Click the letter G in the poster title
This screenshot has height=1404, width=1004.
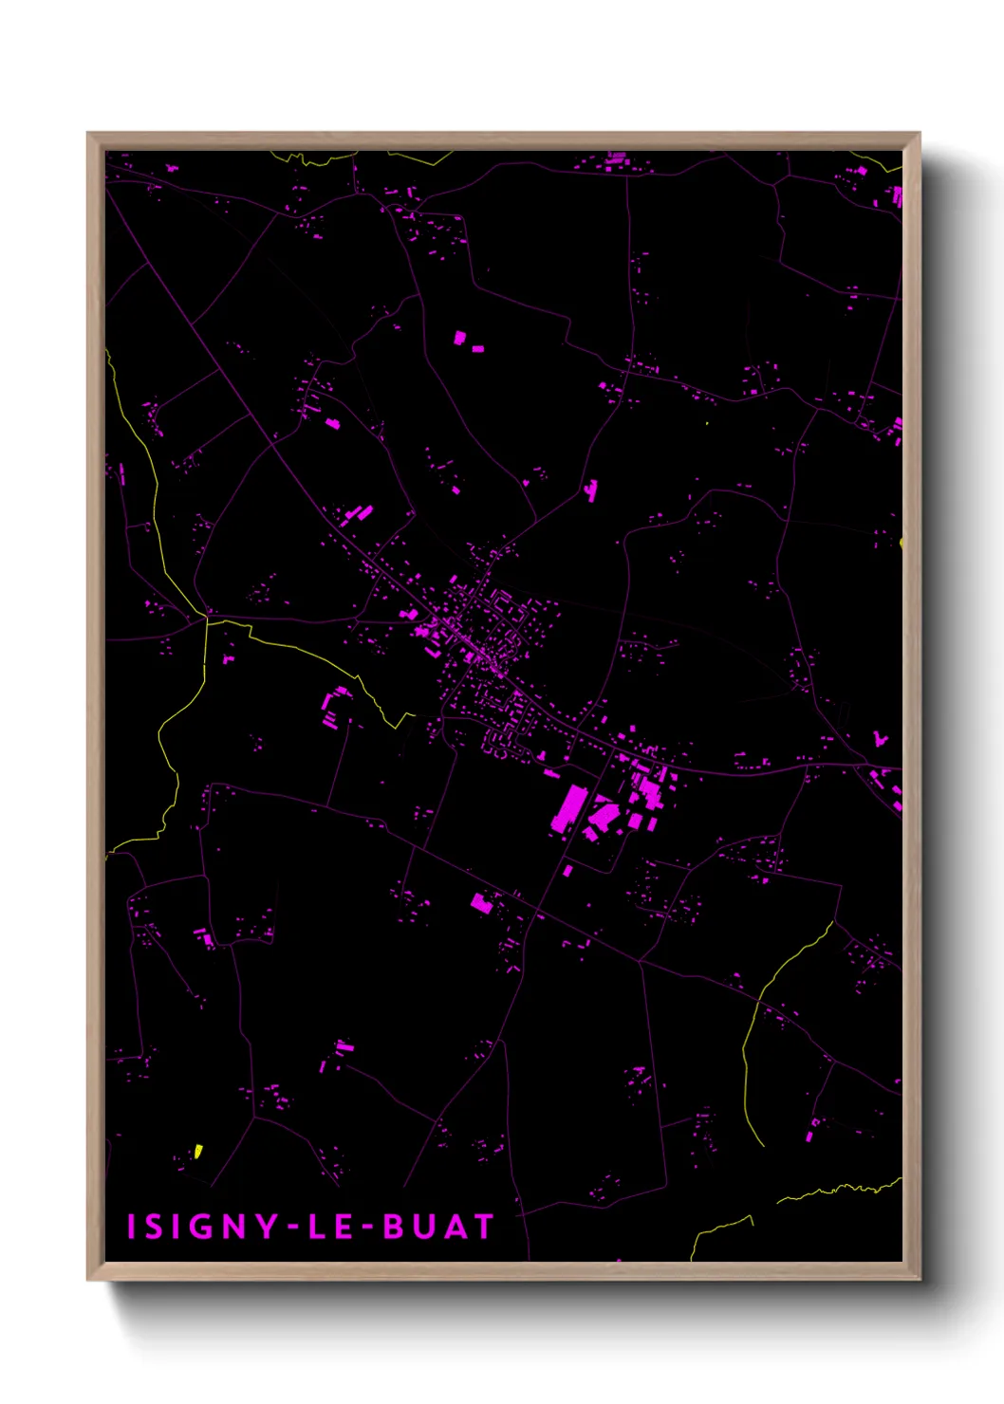point(203,1227)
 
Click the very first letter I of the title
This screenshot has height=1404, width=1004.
point(132,1227)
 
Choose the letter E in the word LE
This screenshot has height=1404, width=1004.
point(344,1227)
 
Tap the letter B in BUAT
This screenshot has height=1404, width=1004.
point(393,1227)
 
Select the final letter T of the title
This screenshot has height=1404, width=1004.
point(484,1227)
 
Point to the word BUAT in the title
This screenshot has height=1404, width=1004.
point(438,1227)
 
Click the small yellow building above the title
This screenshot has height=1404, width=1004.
point(198,1152)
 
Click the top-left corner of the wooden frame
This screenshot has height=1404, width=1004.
point(88,134)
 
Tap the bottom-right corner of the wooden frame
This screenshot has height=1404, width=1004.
point(920,1279)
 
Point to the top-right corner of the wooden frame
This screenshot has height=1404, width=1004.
point(920,134)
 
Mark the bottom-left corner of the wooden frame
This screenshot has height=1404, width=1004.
point(88,1279)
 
